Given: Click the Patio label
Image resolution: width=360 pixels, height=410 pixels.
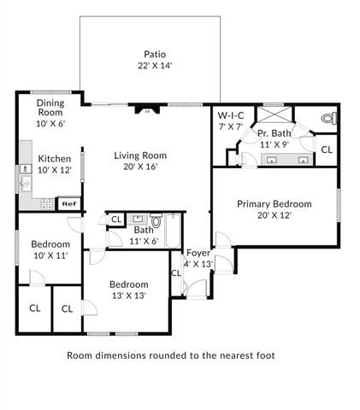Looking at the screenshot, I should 154,53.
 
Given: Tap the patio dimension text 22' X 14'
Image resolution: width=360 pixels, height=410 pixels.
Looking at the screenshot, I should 154,65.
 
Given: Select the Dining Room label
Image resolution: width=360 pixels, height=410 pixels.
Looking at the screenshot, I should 50,108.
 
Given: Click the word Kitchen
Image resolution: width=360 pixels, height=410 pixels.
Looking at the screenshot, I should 54,159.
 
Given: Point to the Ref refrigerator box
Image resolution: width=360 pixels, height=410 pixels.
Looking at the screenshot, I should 68,203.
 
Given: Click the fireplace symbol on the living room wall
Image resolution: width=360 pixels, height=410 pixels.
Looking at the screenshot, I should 146,109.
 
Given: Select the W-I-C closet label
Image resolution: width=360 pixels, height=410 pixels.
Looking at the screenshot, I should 232,115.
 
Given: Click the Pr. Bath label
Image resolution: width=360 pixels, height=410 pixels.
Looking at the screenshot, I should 274,132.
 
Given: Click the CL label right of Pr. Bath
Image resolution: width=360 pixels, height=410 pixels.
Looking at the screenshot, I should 326,149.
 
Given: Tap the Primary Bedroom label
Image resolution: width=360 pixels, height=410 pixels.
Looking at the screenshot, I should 274,204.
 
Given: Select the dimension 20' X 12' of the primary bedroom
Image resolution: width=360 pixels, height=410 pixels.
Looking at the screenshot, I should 274,216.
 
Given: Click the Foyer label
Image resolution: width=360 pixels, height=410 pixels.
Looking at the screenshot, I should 198,252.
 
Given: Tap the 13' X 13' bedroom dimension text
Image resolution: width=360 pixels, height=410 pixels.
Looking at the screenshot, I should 129,296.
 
